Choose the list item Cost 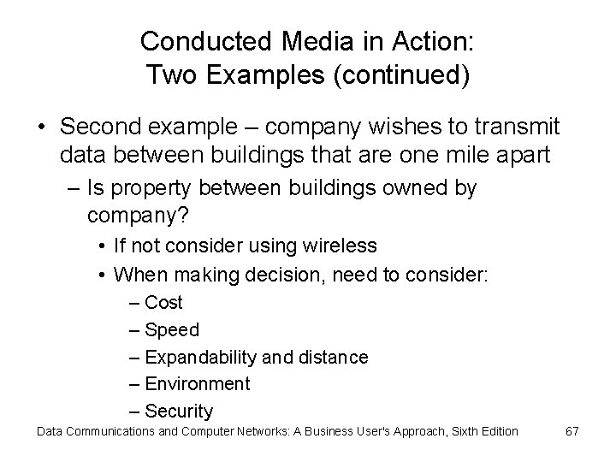(163, 302)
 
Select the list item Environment (197, 384)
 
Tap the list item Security (179, 412)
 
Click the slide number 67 (572, 430)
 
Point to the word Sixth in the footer (453, 430)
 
